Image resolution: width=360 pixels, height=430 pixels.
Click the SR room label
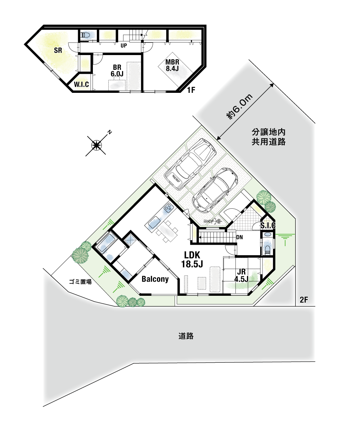(x=58, y=50)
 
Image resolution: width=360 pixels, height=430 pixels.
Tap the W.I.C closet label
(x=81, y=85)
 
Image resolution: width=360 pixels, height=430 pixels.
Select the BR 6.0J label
(x=117, y=71)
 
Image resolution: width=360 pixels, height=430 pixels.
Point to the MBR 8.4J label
(x=172, y=65)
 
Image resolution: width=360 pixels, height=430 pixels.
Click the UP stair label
(x=124, y=46)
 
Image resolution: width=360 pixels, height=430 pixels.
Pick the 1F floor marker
(x=191, y=90)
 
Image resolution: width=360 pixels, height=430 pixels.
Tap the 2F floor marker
(x=304, y=300)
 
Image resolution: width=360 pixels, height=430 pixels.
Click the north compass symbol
(x=96, y=145)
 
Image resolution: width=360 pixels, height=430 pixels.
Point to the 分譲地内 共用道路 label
(x=269, y=137)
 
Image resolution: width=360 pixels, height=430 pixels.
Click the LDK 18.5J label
(x=192, y=259)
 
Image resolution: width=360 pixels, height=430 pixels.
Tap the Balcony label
(x=155, y=279)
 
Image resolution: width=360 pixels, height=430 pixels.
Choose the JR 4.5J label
(x=242, y=275)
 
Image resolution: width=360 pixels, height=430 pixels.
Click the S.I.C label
(x=268, y=225)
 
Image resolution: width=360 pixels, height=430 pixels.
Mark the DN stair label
(x=239, y=237)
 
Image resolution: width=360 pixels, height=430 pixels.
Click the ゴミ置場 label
(x=80, y=282)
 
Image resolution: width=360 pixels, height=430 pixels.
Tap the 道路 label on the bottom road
(x=186, y=336)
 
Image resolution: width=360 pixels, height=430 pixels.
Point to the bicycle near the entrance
(x=213, y=221)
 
